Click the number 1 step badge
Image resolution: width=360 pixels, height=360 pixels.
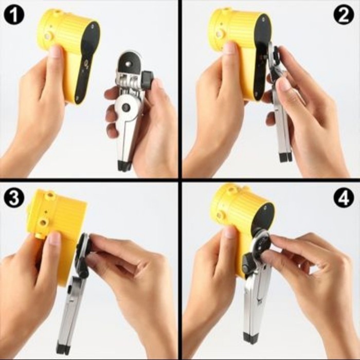click(14, 15)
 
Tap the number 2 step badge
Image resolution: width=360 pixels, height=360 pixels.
click(344, 15)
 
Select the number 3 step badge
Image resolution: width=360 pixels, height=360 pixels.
click(14, 197)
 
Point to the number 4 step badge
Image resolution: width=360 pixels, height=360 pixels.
click(344, 197)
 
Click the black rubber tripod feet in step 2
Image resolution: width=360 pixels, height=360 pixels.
click(285, 156)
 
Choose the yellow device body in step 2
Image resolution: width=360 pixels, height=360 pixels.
click(234, 36)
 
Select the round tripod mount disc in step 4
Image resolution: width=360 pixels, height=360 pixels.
click(261, 242)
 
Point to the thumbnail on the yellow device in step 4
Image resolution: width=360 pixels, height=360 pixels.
click(229, 232)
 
